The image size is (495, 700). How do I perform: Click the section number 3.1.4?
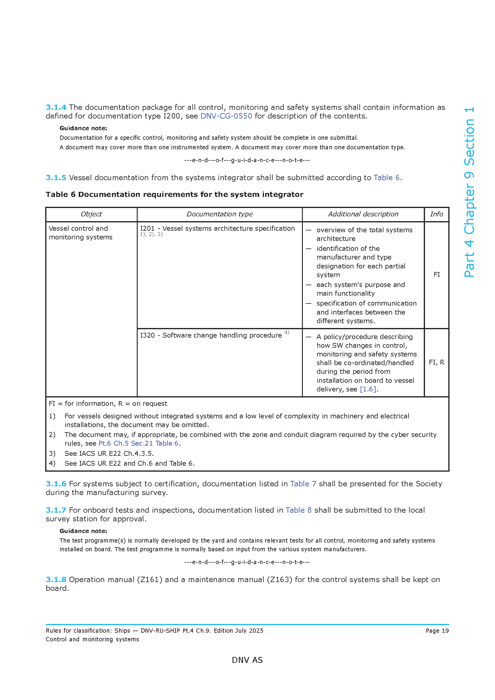56,107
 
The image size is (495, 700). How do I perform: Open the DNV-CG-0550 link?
226,116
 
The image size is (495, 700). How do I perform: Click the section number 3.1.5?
56,177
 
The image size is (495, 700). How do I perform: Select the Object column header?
91,214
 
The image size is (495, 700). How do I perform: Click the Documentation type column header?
219,214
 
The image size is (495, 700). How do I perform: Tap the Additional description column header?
363,214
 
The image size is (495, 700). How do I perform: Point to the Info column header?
436,214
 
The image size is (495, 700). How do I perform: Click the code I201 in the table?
147,228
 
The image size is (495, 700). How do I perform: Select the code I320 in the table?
147,335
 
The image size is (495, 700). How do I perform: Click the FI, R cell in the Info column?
436,362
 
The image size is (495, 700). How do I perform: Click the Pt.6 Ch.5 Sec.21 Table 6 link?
138,443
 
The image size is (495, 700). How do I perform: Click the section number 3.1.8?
56,580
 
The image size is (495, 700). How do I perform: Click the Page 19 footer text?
437,631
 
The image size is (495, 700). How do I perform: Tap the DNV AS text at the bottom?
247,660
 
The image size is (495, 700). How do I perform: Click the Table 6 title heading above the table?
174,195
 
